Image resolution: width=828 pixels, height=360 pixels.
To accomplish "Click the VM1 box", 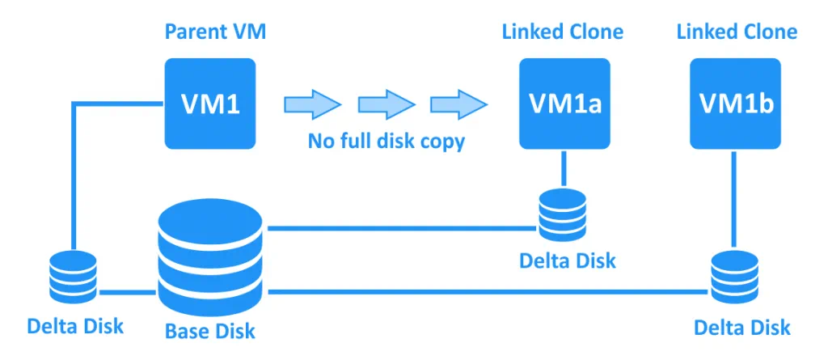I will (x=210, y=104).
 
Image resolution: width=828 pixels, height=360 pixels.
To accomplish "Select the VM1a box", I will (x=564, y=104).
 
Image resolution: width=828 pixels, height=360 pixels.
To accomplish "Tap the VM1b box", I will (x=734, y=104).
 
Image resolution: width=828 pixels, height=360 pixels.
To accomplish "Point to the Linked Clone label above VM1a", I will (x=563, y=32).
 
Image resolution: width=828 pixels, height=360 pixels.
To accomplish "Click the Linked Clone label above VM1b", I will (x=737, y=32).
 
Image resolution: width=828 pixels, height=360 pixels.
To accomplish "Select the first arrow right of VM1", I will (x=312, y=104).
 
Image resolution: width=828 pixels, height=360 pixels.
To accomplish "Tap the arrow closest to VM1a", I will (x=458, y=104).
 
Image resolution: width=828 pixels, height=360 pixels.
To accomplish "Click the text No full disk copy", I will (x=386, y=141).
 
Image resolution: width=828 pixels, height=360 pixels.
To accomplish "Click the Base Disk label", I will (x=210, y=331).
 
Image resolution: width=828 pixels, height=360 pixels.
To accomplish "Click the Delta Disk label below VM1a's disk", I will (x=567, y=260).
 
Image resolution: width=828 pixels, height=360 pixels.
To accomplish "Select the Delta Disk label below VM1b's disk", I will (x=742, y=327).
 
